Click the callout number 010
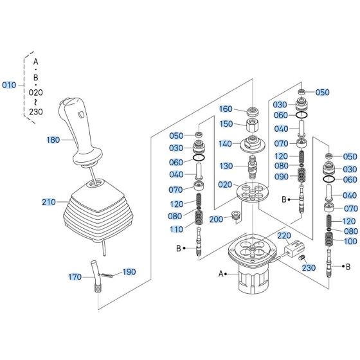(10, 85)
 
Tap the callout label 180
(53, 139)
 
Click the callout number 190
(129, 272)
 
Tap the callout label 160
(226, 109)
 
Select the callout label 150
(226, 123)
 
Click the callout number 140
(226, 145)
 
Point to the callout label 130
(226, 166)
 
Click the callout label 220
(285, 236)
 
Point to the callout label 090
(280, 176)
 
